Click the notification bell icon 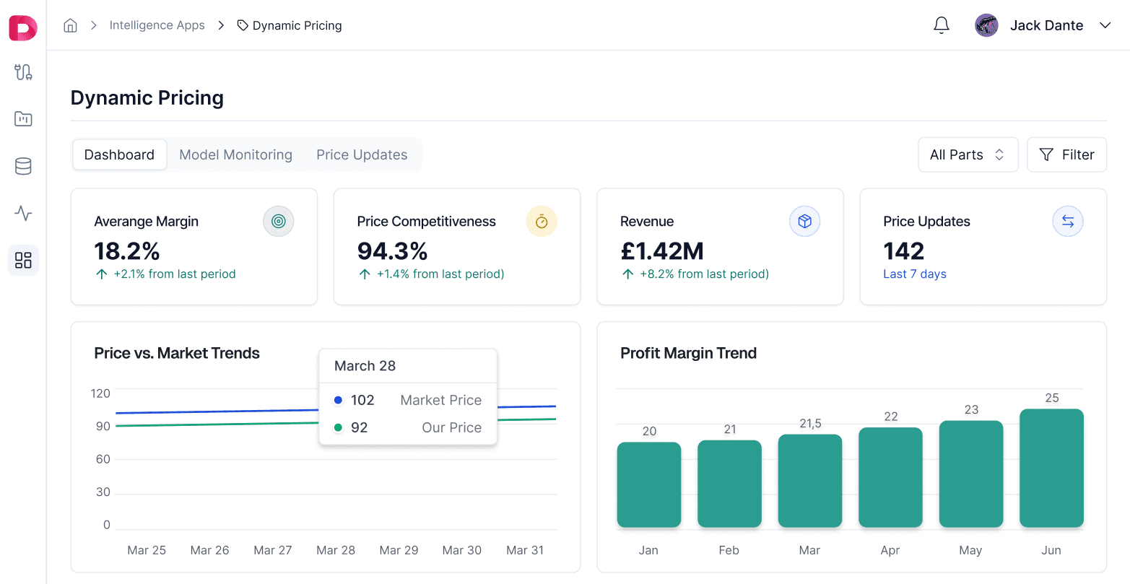click(x=941, y=25)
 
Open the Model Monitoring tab click(x=235, y=154)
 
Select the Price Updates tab click(x=362, y=154)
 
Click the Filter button click(x=1066, y=154)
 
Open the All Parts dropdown click(x=968, y=154)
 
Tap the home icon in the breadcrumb click(x=70, y=25)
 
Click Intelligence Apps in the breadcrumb click(x=157, y=25)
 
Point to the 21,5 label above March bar click(x=810, y=424)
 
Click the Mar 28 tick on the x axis click(x=336, y=550)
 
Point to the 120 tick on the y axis click(x=100, y=393)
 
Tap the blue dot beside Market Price click(x=338, y=400)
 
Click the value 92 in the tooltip click(x=360, y=427)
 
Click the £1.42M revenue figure click(x=661, y=251)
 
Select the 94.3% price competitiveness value click(x=392, y=251)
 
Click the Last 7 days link click(x=914, y=274)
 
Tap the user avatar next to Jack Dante click(x=986, y=25)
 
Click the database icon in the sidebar click(x=23, y=166)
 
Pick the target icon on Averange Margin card click(x=278, y=222)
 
